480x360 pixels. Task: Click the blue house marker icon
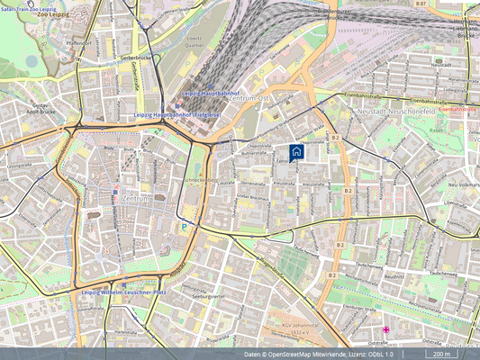click(x=296, y=151)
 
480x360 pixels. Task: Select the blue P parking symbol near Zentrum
click(x=184, y=228)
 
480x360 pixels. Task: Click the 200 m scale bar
click(x=440, y=355)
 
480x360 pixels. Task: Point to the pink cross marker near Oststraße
click(x=386, y=330)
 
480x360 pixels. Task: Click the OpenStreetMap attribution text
click(x=319, y=355)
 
